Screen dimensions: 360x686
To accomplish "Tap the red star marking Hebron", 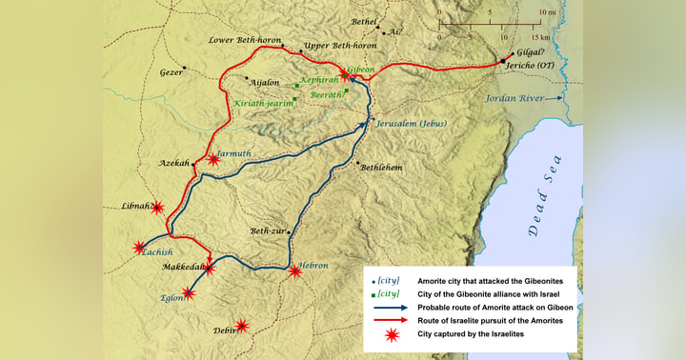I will [x=295, y=271].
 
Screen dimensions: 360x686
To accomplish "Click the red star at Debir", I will [x=242, y=326].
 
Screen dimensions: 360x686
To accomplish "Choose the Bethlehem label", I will [x=381, y=168].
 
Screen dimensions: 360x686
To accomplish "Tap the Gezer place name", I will [x=171, y=72].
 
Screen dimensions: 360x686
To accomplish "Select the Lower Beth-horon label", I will [x=241, y=41].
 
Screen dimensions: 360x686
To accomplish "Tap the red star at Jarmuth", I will [x=213, y=159].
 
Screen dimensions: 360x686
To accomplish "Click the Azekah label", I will [x=174, y=163].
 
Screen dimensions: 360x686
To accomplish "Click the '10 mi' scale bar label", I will [x=547, y=12].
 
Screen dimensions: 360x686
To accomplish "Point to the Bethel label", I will [x=364, y=21].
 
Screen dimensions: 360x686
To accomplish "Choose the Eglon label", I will [x=171, y=298].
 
